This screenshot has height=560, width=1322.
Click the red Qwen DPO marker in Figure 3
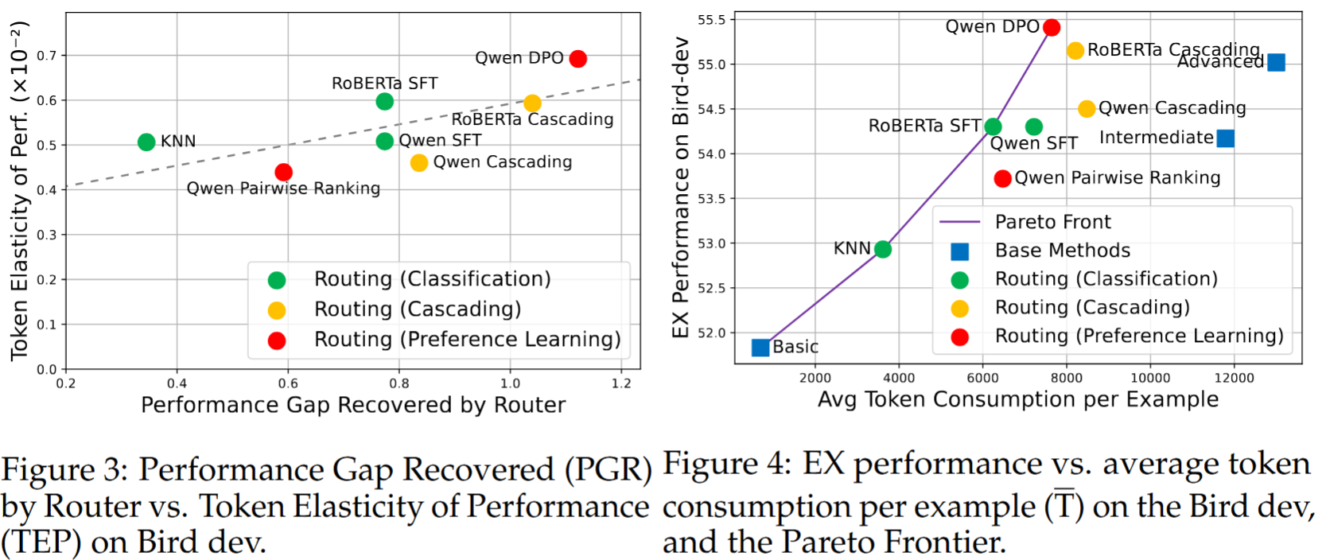point(578,59)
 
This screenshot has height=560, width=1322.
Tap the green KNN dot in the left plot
point(146,142)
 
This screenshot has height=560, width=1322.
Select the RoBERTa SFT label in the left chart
point(384,84)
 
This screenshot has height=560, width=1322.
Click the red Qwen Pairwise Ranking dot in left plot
point(284,173)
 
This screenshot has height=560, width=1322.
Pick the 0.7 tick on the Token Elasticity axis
point(47,56)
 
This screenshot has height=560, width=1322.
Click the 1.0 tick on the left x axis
point(510,383)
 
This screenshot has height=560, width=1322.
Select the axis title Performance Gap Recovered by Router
point(352,406)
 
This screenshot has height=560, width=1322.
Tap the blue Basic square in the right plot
point(760,348)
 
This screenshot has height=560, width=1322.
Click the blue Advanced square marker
point(1276,62)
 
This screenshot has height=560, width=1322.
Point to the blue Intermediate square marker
point(1226,138)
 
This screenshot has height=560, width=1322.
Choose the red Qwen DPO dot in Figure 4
point(1052,28)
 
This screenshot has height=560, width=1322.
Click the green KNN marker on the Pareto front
point(883,250)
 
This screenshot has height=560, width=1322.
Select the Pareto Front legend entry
point(1052,222)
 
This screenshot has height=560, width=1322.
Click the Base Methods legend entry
point(1062,251)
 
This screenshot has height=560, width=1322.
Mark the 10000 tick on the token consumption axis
point(1150,378)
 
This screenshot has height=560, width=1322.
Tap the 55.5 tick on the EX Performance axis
point(712,20)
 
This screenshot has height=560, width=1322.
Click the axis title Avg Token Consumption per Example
point(1018,399)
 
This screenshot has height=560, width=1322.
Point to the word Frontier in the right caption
point(893,542)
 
